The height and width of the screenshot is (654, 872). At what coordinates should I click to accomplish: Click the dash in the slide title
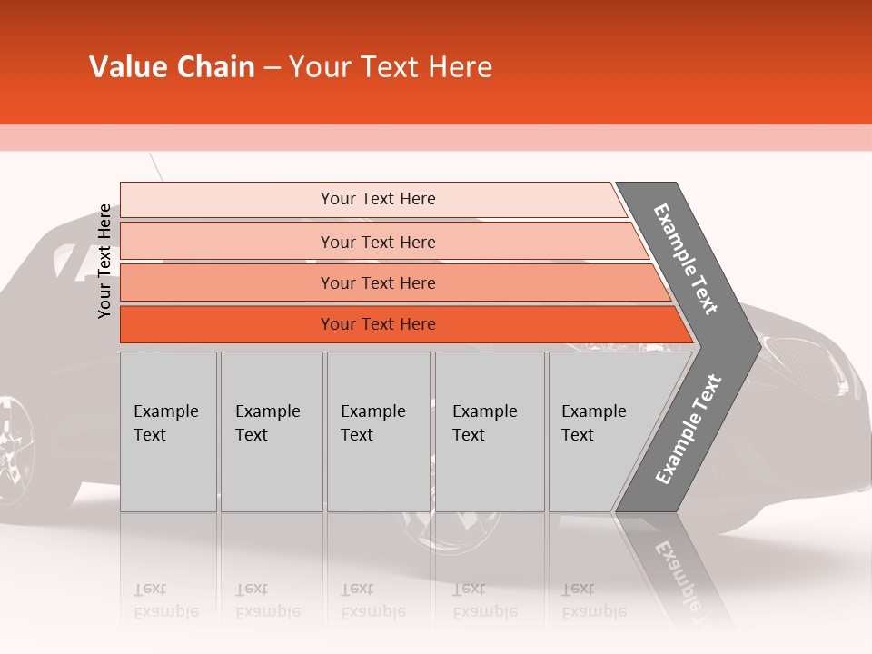coord(272,68)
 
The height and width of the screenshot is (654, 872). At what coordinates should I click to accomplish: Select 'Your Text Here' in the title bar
coord(391,67)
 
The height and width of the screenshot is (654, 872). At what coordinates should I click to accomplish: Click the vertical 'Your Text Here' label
coord(105,261)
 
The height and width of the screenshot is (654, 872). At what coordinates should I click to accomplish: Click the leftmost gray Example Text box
coord(168,431)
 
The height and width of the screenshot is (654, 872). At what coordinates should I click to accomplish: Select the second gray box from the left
coord(272,431)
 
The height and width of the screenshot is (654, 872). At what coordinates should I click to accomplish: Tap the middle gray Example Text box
coord(378,431)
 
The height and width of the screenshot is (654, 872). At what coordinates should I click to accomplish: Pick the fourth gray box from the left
coord(490,431)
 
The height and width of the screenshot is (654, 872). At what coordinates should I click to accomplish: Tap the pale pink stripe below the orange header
coord(436,137)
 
